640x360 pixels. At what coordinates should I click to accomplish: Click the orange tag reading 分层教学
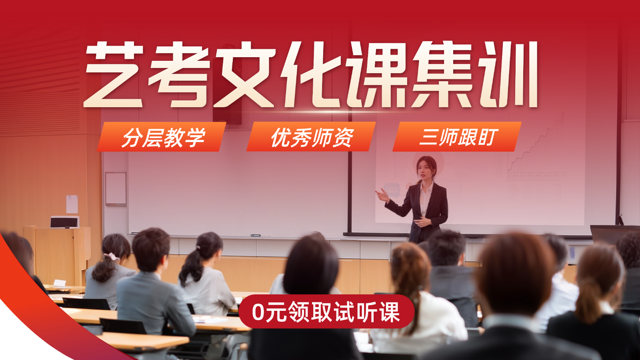pos(162,137)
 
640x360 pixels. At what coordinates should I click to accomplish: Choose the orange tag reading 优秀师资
pos(311,137)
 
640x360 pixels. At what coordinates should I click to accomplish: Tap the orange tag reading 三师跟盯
pos(457,137)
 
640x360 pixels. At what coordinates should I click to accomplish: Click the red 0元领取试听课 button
pos(326,312)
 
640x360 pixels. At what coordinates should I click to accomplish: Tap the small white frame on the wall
pos(116,188)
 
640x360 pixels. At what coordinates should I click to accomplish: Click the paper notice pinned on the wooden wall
pos(72,204)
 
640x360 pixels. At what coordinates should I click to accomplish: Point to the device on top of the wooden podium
pos(65,222)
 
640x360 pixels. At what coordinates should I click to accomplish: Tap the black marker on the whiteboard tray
pos(255,235)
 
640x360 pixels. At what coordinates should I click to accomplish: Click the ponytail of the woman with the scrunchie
pos(105,268)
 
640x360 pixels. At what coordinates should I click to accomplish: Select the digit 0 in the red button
pos(258,312)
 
